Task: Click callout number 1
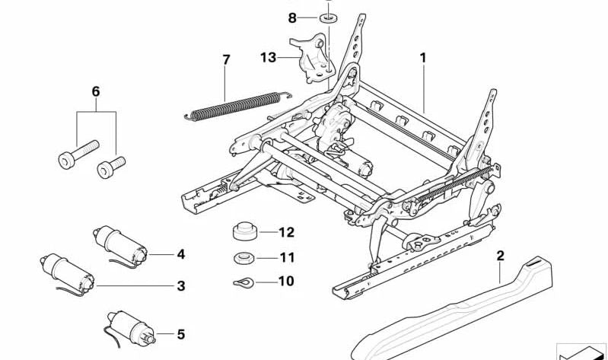[423, 57]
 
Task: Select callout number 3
[180, 286]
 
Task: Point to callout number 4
[180, 254]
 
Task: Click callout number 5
[180, 333]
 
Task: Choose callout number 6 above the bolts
[96, 91]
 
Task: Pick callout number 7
[226, 59]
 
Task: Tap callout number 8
[292, 17]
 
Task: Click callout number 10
[285, 281]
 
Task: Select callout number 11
[285, 257]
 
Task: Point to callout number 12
[285, 232]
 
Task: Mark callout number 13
[267, 57]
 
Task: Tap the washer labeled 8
[328, 18]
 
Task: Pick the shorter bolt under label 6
[110, 167]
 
